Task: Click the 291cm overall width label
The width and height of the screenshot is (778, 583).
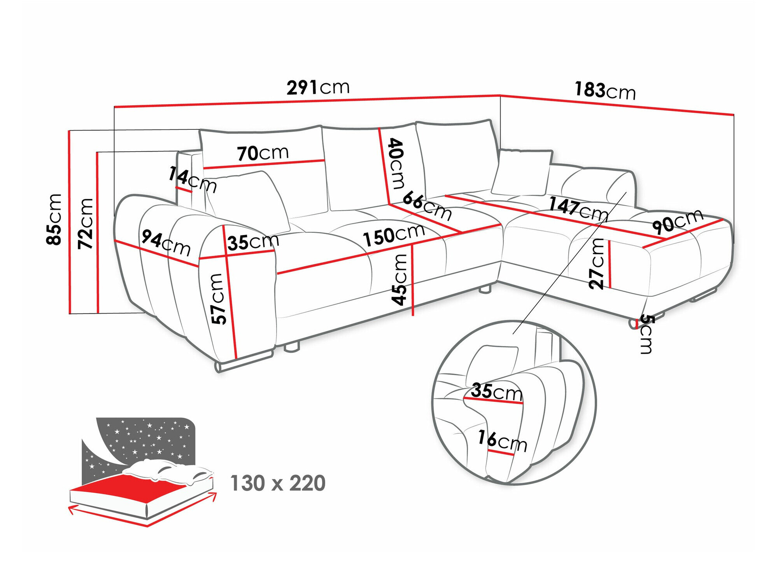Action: [318, 87]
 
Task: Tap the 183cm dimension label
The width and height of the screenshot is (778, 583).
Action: [605, 91]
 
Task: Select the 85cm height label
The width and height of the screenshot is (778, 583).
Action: [54, 219]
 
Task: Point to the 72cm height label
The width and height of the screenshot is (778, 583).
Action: [86, 223]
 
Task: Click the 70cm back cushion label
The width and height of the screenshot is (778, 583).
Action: [263, 153]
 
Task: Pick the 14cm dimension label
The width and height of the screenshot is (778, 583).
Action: [193, 180]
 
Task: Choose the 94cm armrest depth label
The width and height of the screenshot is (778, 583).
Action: [166, 243]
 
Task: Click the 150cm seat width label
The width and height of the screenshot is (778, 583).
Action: [394, 235]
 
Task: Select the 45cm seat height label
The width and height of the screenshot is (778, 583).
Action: [400, 279]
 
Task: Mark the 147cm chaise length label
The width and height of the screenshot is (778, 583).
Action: [578, 209]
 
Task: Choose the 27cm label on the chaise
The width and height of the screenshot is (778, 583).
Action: [596, 264]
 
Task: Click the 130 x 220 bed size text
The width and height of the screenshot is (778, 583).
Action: [278, 483]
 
